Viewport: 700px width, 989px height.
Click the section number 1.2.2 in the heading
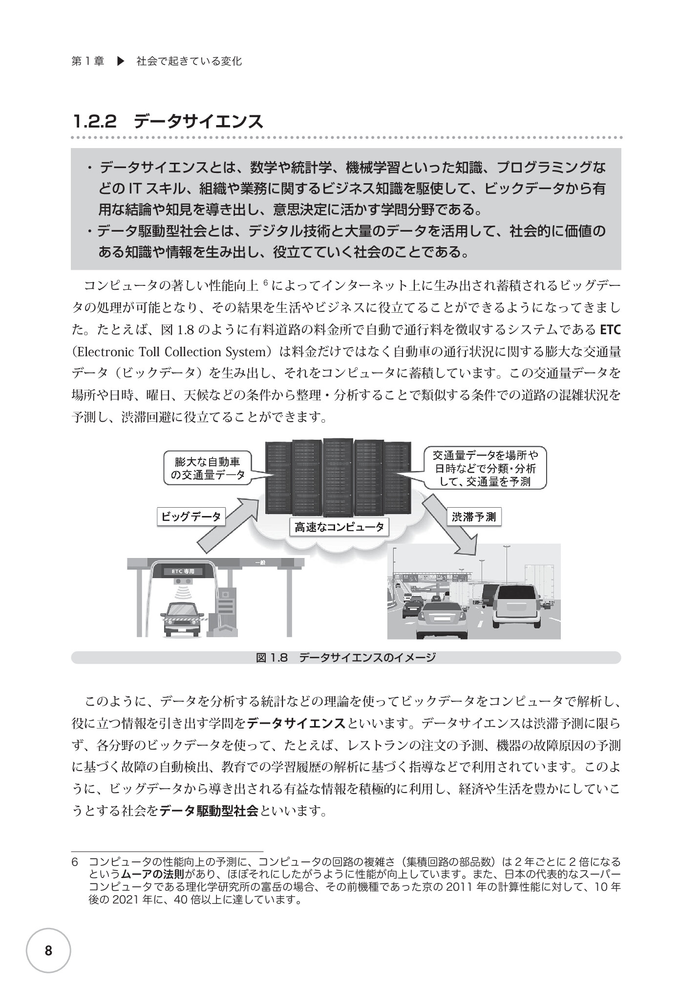pos(95,122)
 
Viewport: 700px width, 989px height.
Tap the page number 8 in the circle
pos(48,951)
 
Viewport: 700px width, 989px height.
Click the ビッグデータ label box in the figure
pos(191,516)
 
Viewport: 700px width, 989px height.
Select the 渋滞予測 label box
pos(474,517)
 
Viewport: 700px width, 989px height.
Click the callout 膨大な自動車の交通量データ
pos(208,468)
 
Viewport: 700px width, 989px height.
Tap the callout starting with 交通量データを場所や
pos(486,469)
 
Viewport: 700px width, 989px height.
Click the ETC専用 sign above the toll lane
pos(183,571)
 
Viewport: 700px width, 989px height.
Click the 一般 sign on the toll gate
pos(260,562)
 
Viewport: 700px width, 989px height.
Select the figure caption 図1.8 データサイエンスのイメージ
pos(346,658)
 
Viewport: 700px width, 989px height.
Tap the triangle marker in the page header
pos(121,62)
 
